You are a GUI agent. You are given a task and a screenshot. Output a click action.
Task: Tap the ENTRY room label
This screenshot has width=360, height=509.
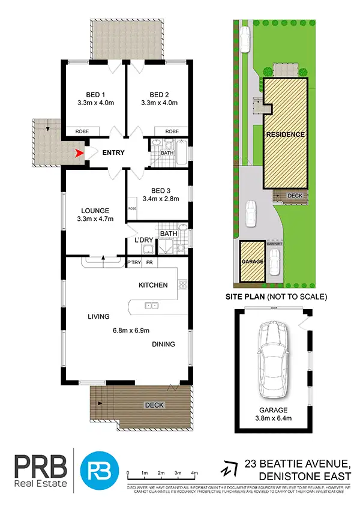coord(113,153)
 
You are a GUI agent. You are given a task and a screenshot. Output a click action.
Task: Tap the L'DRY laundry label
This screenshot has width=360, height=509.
coord(145,241)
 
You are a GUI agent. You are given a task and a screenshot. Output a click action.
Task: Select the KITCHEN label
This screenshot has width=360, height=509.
coord(153,285)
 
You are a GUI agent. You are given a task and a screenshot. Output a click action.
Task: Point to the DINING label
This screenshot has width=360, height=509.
coord(163,345)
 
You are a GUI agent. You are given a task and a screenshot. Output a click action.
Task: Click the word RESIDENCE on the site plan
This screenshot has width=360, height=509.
coord(286,134)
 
